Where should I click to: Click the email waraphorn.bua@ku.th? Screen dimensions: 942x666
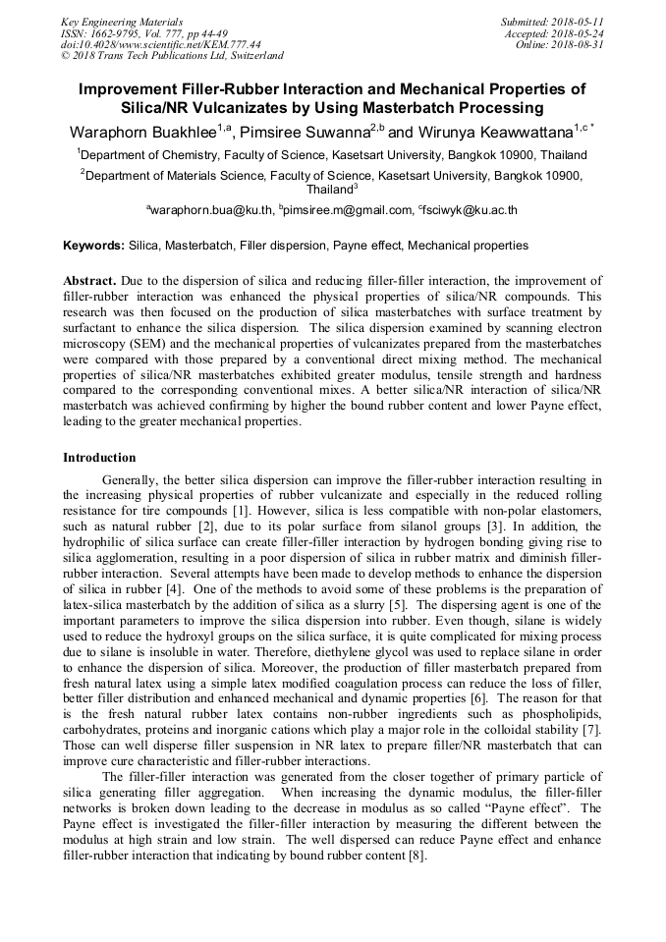212,209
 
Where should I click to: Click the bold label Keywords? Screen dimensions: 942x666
93,245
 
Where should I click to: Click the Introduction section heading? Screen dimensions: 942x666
99,458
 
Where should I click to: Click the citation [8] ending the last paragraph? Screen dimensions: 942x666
416,856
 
